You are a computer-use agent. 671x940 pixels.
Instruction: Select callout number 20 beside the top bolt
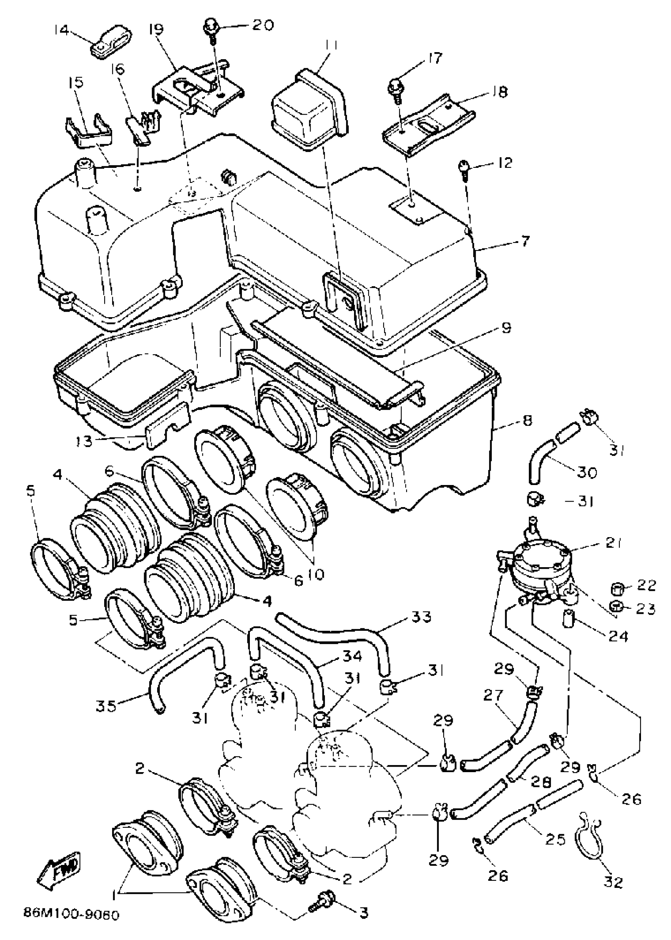pyautogui.click(x=262, y=25)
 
